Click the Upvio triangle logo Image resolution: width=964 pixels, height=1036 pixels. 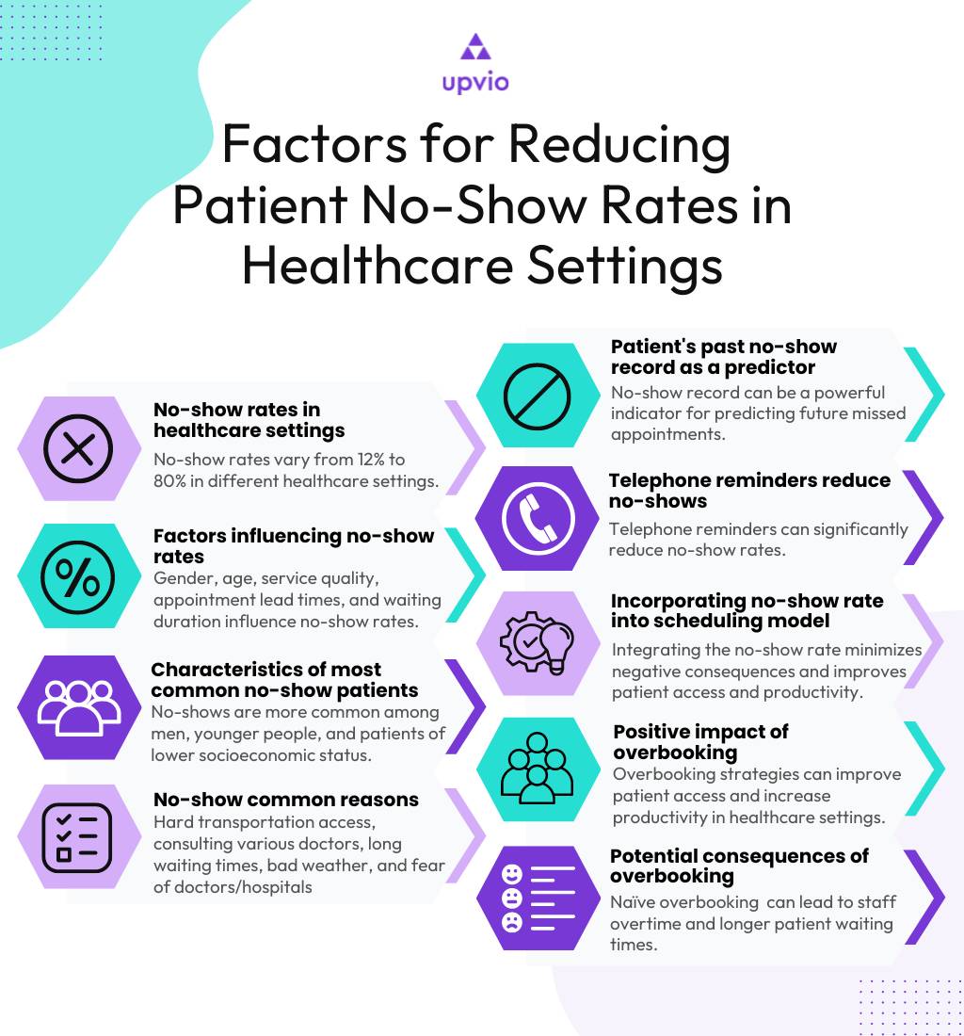(x=474, y=48)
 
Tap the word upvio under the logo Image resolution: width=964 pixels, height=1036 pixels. (x=474, y=83)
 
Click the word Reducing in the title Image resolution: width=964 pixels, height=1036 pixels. (x=619, y=147)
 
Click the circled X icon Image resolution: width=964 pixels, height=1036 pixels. (x=79, y=448)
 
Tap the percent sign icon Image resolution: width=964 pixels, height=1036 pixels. (x=79, y=576)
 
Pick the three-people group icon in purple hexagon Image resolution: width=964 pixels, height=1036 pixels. (x=79, y=707)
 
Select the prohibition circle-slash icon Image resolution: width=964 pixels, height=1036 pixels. (x=538, y=396)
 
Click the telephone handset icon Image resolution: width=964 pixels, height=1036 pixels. (x=538, y=518)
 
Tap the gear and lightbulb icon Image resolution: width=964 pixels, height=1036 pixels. (x=538, y=643)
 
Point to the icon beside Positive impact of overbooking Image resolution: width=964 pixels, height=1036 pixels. (x=538, y=769)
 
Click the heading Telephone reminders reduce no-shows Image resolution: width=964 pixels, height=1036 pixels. (x=748, y=491)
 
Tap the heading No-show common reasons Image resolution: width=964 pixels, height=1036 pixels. (x=285, y=800)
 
